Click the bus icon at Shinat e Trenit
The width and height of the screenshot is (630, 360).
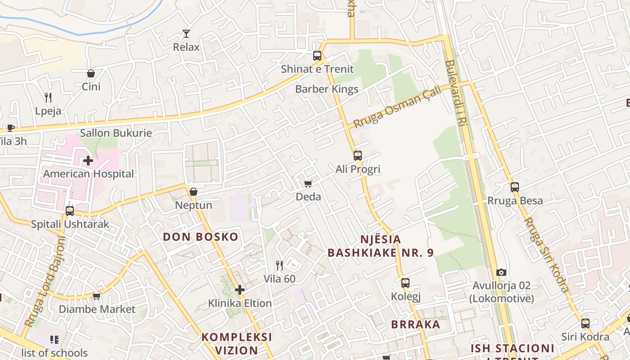(x=317, y=56)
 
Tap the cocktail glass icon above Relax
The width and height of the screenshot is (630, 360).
(x=186, y=33)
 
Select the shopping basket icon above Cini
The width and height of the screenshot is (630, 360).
(x=91, y=73)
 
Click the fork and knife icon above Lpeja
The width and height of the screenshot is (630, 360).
(x=48, y=97)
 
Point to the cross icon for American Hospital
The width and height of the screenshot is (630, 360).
(x=88, y=160)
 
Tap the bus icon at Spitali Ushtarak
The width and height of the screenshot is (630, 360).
(x=70, y=211)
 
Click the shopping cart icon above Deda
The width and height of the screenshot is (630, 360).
(x=308, y=184)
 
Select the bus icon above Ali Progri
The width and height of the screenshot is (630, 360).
(x=358, y=156)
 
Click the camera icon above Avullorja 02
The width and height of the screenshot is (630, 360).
(x=501, y=272)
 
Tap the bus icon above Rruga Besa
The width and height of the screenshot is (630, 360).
(x=515, y=187)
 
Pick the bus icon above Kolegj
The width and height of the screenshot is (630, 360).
(x=405, y=283)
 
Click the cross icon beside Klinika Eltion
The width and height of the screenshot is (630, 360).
(x=240, y=290)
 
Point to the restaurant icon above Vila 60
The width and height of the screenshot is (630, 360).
(x=279, y=265)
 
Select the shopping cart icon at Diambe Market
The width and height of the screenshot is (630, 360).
(x=96, y=296)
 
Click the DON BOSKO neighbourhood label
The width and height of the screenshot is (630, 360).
(x=200, y=237)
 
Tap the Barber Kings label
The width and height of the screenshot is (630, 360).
(x=327, y=89)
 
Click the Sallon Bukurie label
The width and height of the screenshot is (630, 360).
(x=116, y=133)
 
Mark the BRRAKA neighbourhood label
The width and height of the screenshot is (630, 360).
(x=415, y=324)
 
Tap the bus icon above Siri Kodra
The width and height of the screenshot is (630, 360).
(x=585, y=323)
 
